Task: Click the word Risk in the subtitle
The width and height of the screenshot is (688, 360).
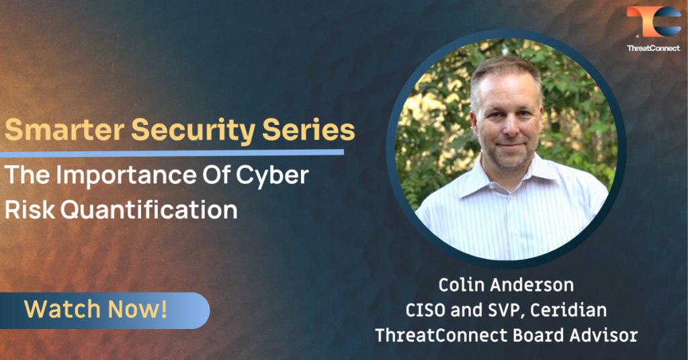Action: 30,210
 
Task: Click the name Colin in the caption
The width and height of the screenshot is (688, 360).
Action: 460,285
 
